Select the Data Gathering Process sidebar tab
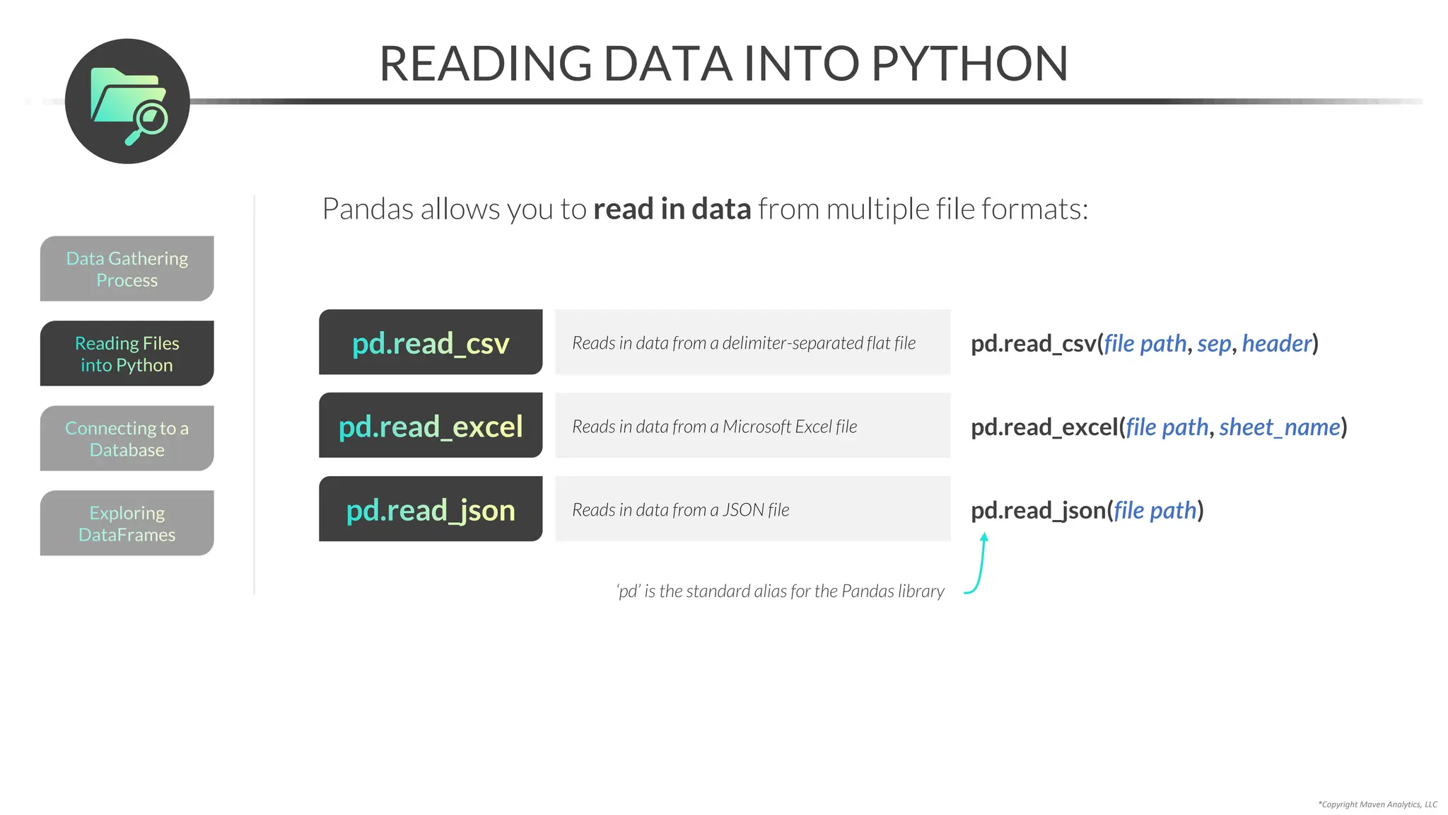[127, 269]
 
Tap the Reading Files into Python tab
[127, 354]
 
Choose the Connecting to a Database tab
[127, 439]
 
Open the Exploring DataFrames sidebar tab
[127, 524]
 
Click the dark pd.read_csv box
[431, 342]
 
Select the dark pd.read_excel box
[431, 426]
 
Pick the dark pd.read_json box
[431, 509]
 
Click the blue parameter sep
[1214, 344]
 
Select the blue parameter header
[1276, 344]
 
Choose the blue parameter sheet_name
[1280, 427]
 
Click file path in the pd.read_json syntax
[1155, 511]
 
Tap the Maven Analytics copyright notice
[1377, 804]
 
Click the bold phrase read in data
[672, 209]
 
